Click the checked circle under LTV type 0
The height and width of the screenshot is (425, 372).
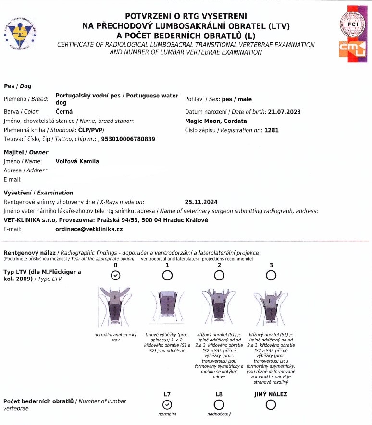(x=115, y=275)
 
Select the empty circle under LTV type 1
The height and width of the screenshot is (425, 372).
(x=167, y=275)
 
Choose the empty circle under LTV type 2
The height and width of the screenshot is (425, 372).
(x=219, y=275)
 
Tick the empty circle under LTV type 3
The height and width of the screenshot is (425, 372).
(x=271, y=275)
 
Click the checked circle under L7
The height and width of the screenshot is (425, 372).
(x=167, y=404)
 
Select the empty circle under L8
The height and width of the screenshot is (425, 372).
(x=219, y=404)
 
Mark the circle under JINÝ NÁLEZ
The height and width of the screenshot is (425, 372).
(x=271, y=404)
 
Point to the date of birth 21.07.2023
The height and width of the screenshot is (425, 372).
(x=284, y=112)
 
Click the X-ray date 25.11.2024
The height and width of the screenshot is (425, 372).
(x=200, y=202)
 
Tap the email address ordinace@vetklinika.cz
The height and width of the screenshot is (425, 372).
(x=89, y=229)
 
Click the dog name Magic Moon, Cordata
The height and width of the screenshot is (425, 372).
(x=216, y=121)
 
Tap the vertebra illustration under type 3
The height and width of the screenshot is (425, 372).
(x=271, y=306)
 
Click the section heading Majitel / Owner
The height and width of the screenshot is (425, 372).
(x=26, y=152)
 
